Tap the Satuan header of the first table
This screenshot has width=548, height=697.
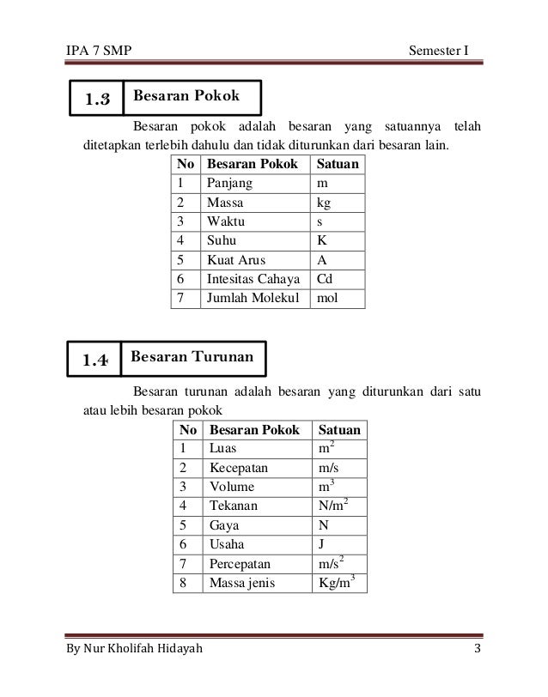(338, 164)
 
